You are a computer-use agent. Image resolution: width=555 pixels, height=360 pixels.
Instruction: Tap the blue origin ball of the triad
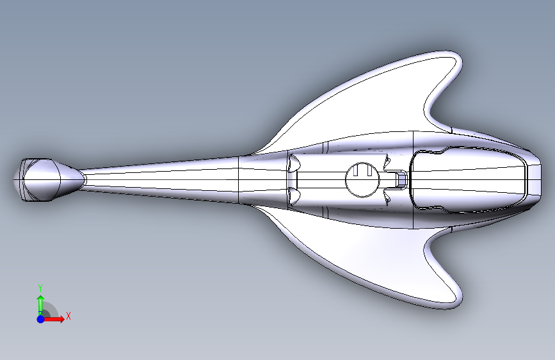point(40,318)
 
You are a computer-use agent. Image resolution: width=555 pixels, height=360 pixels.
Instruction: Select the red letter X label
point(68,316)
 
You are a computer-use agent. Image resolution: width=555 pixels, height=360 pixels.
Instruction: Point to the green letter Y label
point(40,287)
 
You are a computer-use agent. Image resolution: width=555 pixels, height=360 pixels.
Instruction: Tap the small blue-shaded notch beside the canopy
point(400,179)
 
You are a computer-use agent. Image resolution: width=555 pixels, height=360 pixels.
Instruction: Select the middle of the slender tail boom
point(160,180)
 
